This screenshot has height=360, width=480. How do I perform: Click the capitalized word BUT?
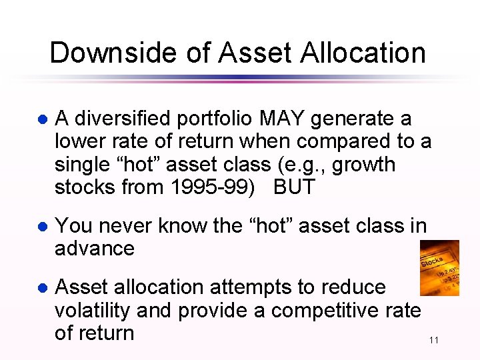pyautogui.click(x=294, y=187)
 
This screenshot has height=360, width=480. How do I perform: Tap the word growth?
pyautogui.click(x=363, y=165)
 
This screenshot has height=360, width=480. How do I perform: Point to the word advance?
pyautogui.click(x=95, y=249)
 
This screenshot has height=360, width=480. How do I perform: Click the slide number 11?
pyautogui.click(x=433, y=341)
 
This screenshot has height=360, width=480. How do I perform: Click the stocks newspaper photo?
pyautogui.click(x=439, y=268)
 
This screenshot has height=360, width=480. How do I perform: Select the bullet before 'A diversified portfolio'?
pyautogui.click(x=41, y=120)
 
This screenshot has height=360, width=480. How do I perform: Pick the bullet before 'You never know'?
pyautogui.click(x=41, y=227)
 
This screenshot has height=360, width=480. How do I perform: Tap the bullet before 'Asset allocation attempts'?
pyautogui.click(x=41, y=289)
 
